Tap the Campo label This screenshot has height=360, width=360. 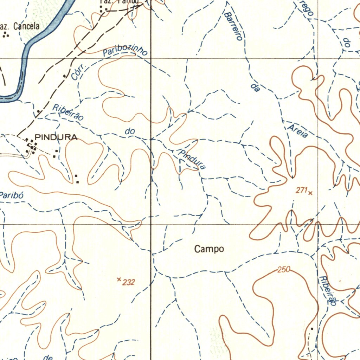coord(209,249)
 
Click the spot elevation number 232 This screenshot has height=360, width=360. coord(129,282)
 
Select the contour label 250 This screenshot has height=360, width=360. coord(283,270)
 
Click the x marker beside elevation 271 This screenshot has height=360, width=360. coord(310,192)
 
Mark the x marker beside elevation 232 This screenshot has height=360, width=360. coord(119,279)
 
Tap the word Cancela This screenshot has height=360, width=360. coord(26,26)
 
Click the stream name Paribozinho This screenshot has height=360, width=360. coord(125,52)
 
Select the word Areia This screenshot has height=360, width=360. coord(298,131)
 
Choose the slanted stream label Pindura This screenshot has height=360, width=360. coord(192,160)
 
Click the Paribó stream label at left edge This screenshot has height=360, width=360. coord(11,195)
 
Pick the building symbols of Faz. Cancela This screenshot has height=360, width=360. coord(6,34)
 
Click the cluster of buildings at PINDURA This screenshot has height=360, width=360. coord(31,146)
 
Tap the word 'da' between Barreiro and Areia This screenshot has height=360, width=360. coord(256,88)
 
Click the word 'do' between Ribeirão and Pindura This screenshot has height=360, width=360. coord(130,131)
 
